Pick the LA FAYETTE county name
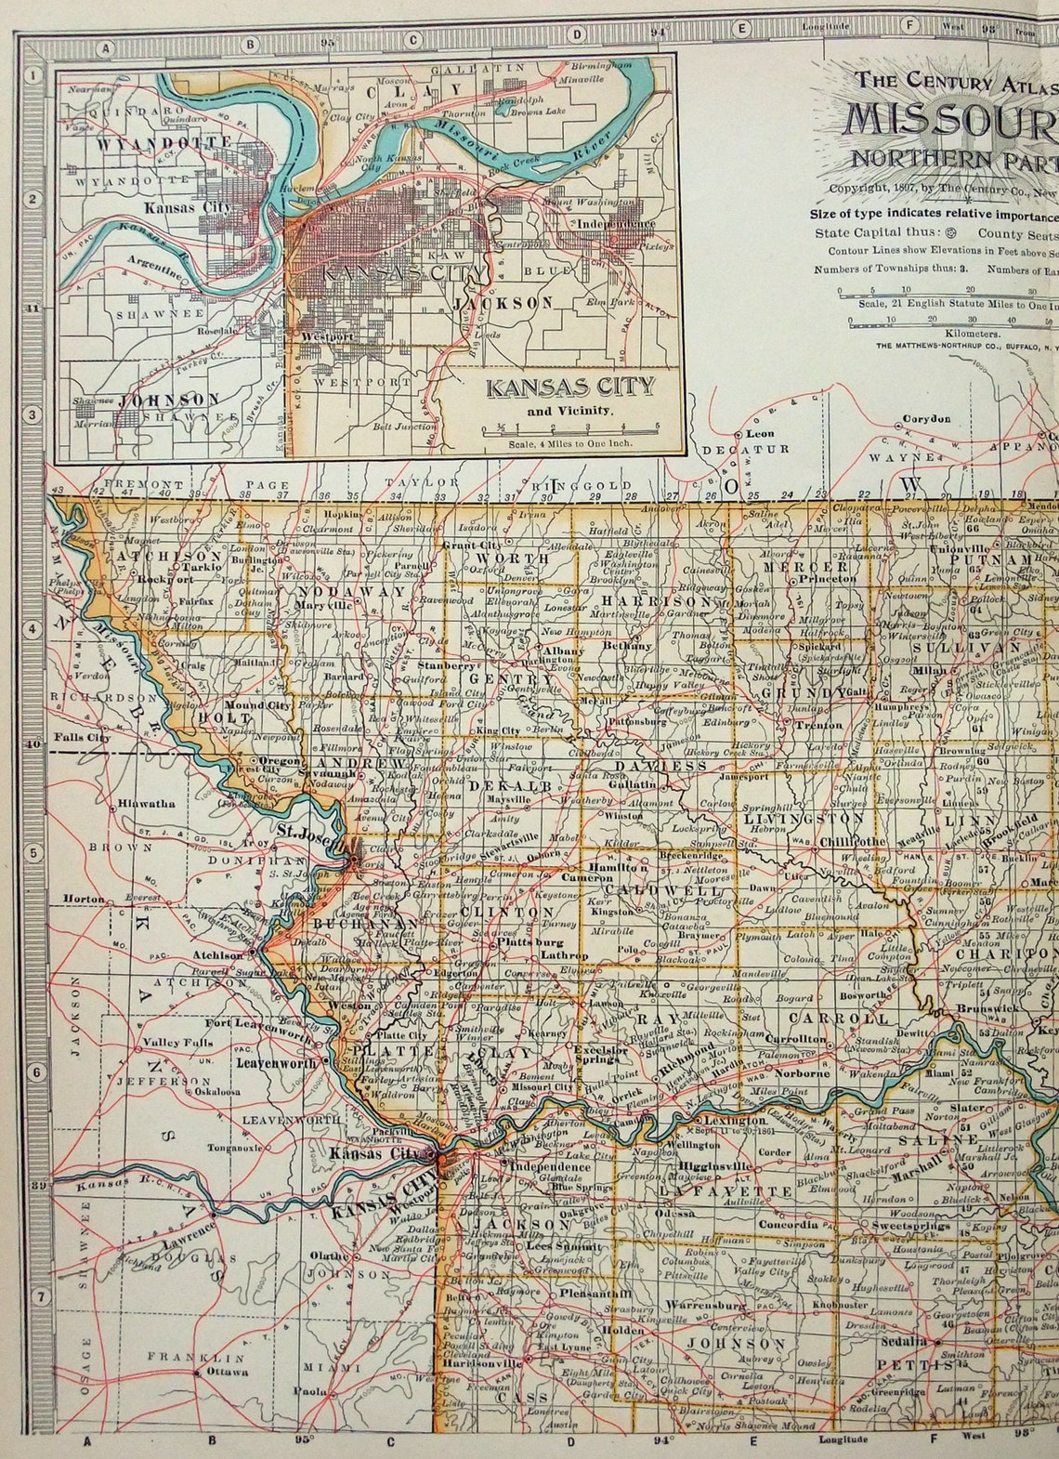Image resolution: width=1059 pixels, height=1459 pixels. (x=713, y=1190)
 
